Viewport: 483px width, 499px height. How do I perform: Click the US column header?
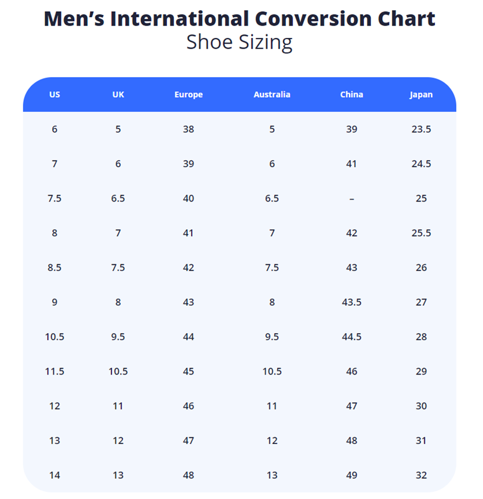point(55,94)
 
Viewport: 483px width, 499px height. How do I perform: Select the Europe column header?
point(188,94)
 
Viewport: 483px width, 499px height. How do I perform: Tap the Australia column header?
point(272,94)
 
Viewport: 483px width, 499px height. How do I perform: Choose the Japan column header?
point(421,94)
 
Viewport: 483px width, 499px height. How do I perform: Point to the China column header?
point(351,94)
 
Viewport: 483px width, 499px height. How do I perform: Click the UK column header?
point(118,94)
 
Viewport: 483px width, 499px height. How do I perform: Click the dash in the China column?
point(351,199)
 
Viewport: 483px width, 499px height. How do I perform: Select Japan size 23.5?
point(421,129)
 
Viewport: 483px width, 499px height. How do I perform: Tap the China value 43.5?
point(351,302)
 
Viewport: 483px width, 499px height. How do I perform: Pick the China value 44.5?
point(351,337)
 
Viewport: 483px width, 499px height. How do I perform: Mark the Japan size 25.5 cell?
point(421,233)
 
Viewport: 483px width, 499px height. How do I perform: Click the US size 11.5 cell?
point(55,372)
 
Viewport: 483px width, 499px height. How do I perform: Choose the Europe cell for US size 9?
point(188,302)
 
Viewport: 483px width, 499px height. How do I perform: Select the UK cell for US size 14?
point(118,475)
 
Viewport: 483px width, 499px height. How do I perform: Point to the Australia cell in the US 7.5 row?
point(272,199)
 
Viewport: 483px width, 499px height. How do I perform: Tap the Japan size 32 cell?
point(421,475)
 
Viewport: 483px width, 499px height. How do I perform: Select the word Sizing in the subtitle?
point(265,43)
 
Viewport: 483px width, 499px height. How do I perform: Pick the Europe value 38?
point(188,129)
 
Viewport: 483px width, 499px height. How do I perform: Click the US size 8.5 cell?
point(55,268)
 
